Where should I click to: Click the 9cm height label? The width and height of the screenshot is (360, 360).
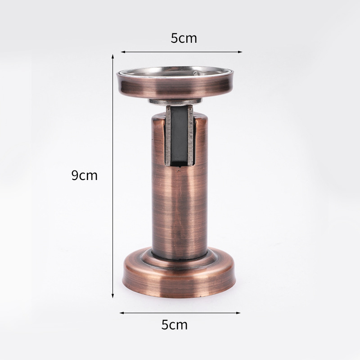point(85,175)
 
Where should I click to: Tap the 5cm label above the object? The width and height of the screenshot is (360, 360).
point(184,38)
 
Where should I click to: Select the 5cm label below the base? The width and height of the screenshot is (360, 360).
point(175,324)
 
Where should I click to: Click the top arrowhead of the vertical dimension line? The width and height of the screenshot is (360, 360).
point(113,57)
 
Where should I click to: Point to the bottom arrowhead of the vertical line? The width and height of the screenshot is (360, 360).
point(113,296)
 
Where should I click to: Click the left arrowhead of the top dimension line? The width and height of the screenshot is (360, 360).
point(123,52)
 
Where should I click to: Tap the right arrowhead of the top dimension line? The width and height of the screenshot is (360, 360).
point(240,52)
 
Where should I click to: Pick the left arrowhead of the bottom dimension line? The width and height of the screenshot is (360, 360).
point(122,313)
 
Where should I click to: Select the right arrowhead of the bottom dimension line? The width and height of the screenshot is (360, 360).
point(238,313)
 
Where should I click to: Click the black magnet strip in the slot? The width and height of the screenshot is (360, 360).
point(179,136)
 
